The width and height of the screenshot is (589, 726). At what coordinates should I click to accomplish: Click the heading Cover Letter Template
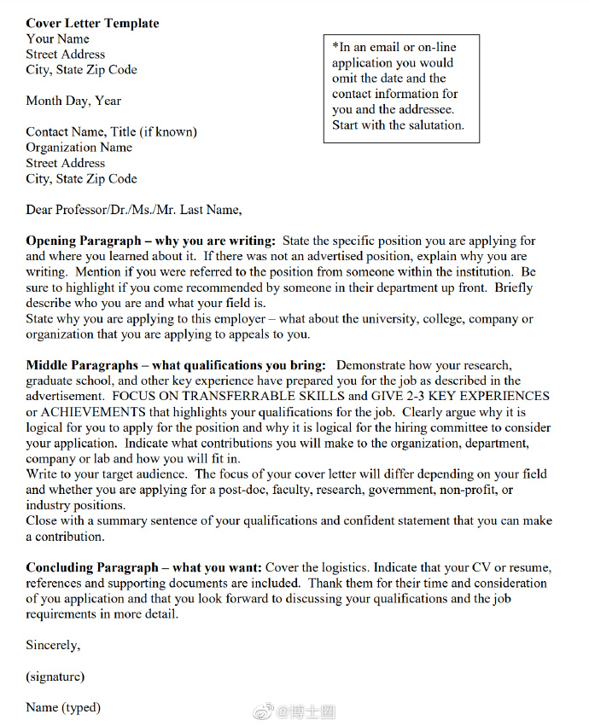pos(92,23)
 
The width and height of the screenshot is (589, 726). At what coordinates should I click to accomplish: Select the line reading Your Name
pos(57,38)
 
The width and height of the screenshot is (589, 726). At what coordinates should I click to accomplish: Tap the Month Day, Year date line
pos(73,101)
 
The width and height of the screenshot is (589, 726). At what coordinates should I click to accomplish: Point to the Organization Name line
pos(79,147)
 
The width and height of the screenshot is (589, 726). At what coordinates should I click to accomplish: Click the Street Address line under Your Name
pos(65,54)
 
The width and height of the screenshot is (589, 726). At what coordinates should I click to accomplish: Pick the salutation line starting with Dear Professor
pos(134,209)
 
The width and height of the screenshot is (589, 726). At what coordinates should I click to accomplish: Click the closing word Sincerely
pos(53,645)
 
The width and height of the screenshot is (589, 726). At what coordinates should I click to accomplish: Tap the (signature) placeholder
pos(55,677)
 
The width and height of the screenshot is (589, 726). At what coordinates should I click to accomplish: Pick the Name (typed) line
pos(63,707)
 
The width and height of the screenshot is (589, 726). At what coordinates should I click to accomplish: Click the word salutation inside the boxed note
pos(434,125)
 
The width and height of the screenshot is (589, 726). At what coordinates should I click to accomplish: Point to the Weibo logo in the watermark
pos(265,711)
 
